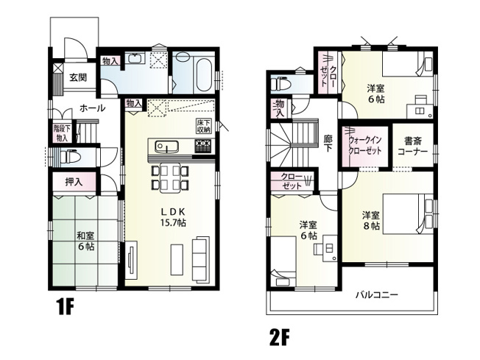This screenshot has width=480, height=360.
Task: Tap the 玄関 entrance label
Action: pyautogui.click(x=79, y=77)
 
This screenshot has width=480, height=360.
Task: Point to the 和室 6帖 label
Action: pyautogui.click(x=85, y=241)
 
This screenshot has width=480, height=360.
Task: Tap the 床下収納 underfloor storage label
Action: pyautogui.click(x=203, y=126)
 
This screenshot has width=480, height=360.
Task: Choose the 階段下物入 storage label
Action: pyautogui.click(x=61, y=133)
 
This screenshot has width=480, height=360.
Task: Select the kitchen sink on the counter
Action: pyautogui.click(x=163, y=145)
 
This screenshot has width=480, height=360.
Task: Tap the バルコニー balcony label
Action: pyautogui.click(x=376, y=294)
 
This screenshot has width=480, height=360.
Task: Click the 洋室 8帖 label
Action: pyautogui.click(x=370, y=221)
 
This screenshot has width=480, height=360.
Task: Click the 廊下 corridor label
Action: pyautogui.click(x=328, y=142)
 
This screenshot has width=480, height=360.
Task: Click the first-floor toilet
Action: pyautogui.click(x=71, y=157)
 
